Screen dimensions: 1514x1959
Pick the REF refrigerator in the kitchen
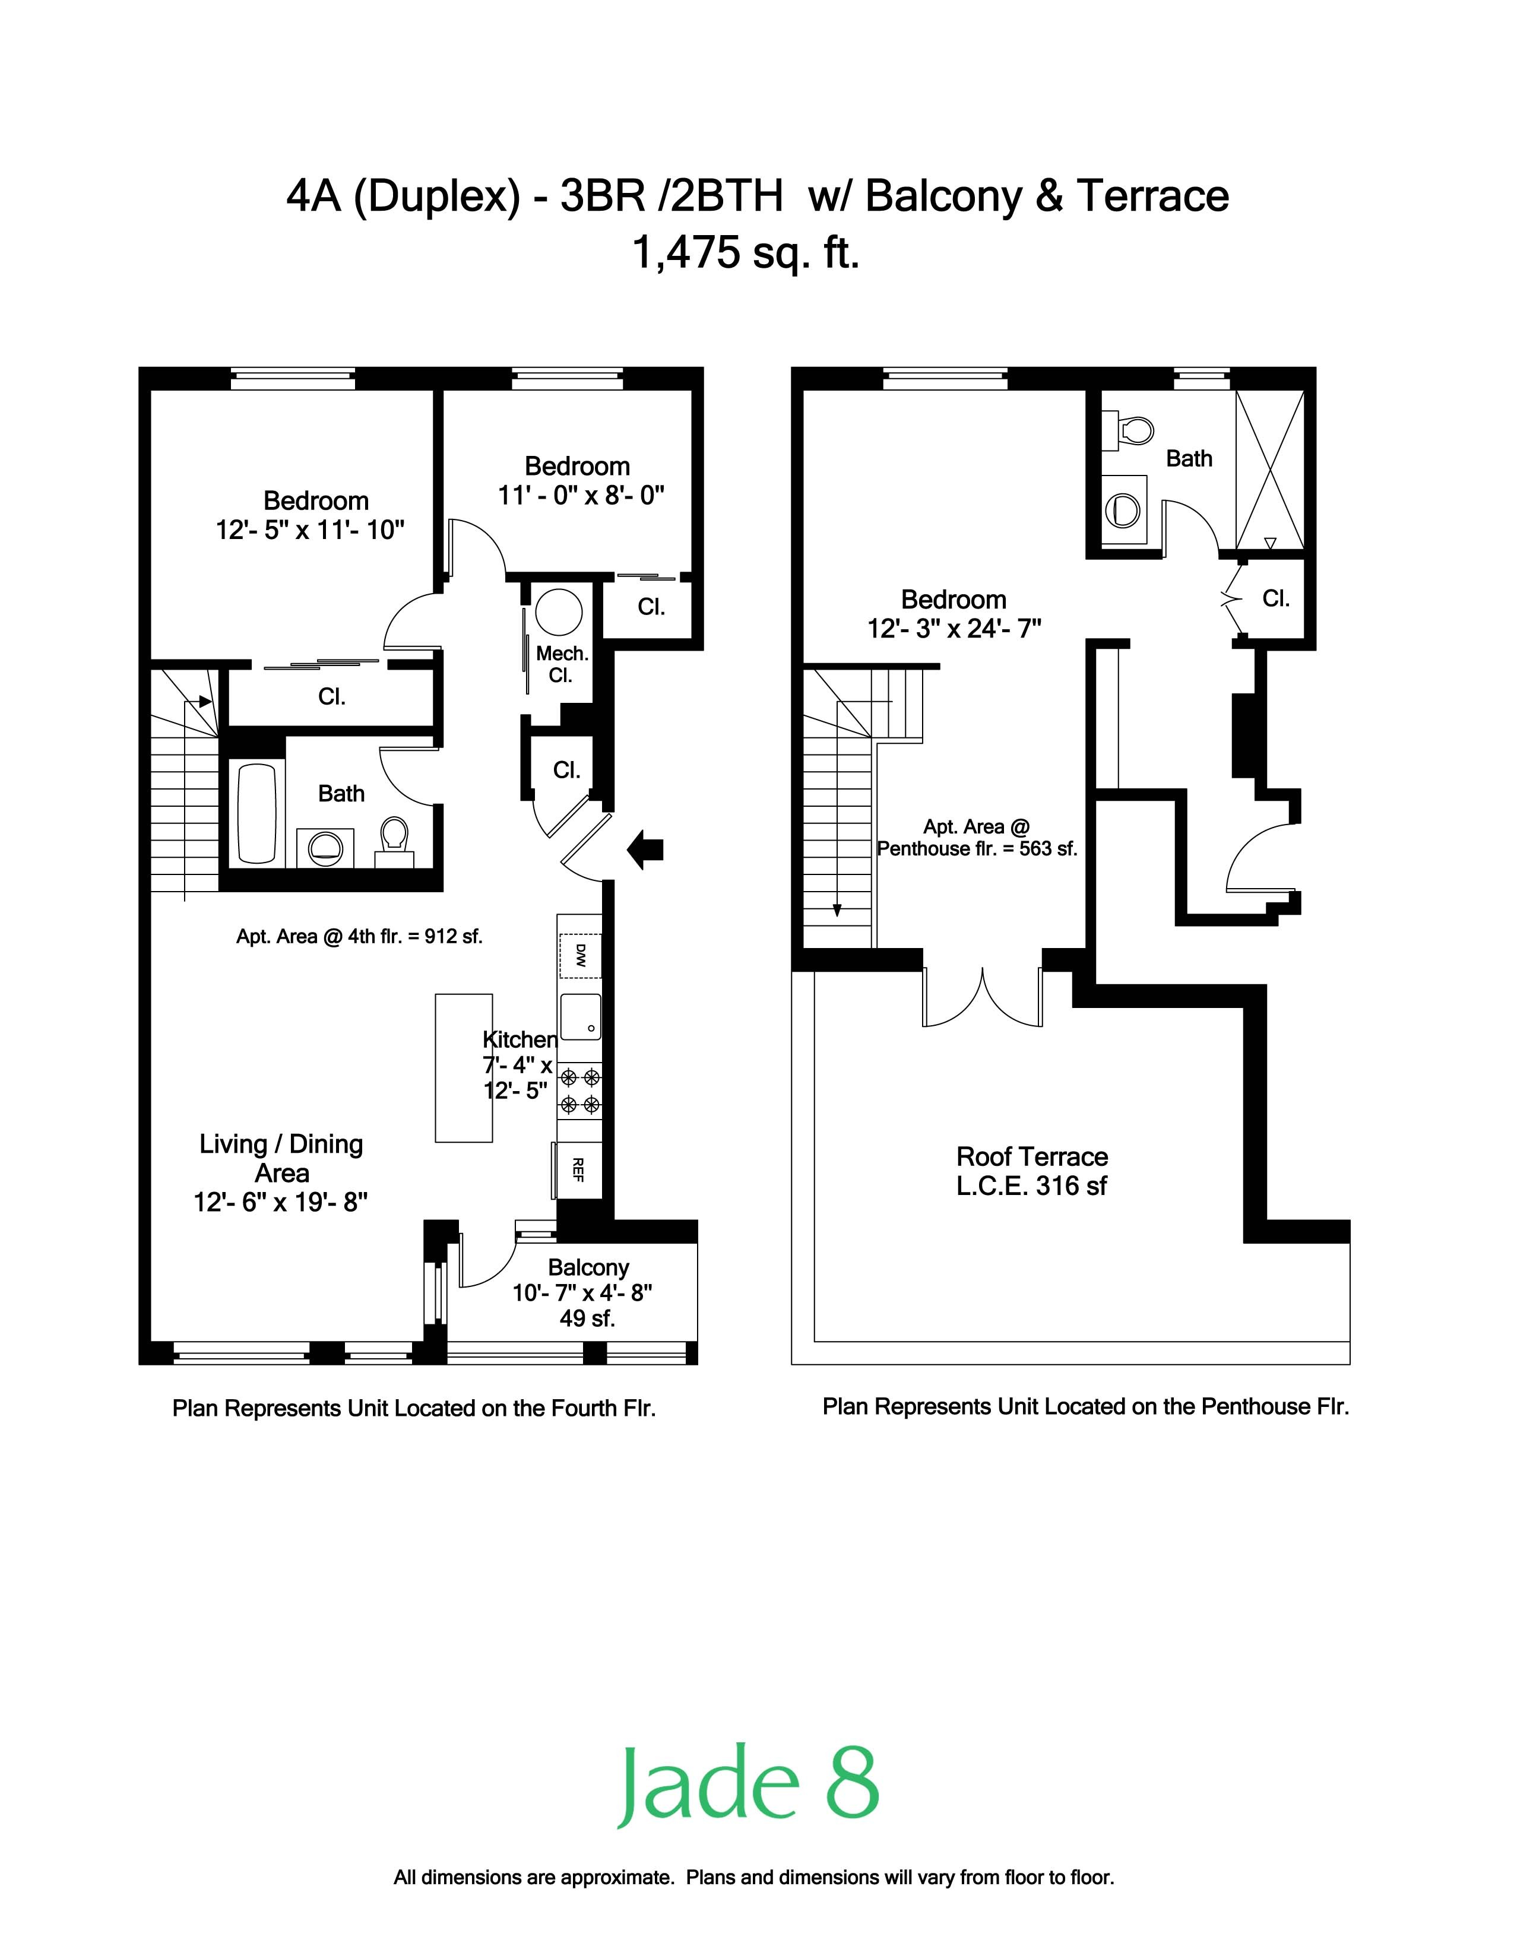578,1169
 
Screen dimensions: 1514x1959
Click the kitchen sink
580,1016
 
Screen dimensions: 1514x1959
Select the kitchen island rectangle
464,1067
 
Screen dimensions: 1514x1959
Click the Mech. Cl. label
562,665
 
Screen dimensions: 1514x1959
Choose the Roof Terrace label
1031,1156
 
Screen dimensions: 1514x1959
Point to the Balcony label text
588,1267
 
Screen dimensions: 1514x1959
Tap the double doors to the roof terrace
983,997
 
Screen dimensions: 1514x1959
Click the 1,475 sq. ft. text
746,252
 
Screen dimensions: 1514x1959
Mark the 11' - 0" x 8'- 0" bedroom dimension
581,495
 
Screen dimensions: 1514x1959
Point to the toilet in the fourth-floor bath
394,839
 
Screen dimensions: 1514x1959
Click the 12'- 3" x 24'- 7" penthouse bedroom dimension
954,628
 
